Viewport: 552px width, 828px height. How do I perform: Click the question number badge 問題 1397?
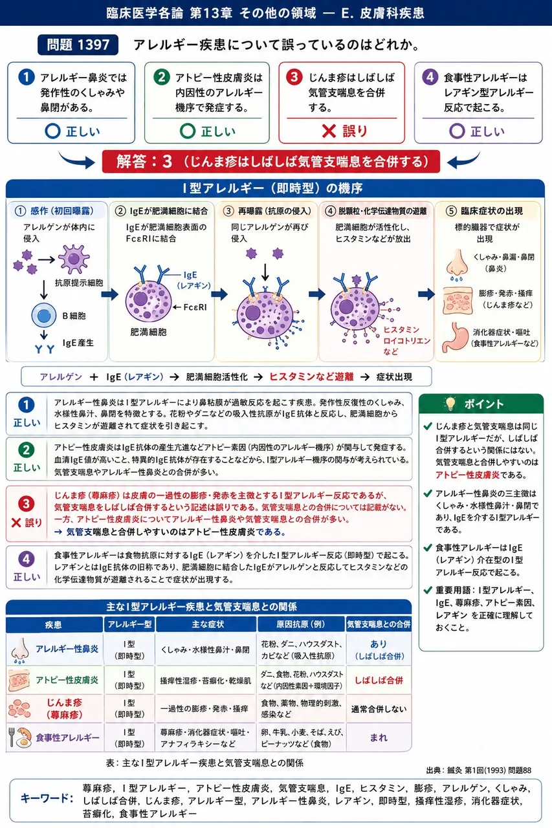coord(78,45)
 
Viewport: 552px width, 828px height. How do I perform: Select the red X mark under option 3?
coord(329,131)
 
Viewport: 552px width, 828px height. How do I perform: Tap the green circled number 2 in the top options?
coord(162,77)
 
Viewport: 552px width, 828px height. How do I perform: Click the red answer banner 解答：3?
coord(271,162)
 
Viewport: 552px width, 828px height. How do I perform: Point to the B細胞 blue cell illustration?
coord(43,316)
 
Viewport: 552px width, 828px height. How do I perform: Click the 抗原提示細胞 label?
coord(79,283)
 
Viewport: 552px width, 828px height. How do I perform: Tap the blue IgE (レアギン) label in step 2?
coord(193,280)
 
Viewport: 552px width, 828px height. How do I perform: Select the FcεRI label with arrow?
coord(190,307)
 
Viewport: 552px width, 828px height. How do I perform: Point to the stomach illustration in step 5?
coord(454,338)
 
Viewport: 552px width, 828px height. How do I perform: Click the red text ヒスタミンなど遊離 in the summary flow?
coord(311,376)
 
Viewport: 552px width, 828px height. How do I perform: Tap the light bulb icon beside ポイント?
coord(450,404)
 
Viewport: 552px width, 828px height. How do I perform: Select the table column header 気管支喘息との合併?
coord(379,624)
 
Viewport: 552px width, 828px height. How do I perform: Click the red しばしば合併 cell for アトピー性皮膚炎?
coord(379,680)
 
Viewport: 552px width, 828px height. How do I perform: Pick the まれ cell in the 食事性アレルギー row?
coord(379,737)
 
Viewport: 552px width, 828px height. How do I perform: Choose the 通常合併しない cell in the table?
coord(379,708)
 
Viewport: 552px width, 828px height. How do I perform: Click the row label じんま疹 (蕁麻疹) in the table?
coord(64,708)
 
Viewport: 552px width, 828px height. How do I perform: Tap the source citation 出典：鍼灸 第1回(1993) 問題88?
coord(478,770)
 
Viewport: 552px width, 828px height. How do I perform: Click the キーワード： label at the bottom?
coord(47,798)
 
